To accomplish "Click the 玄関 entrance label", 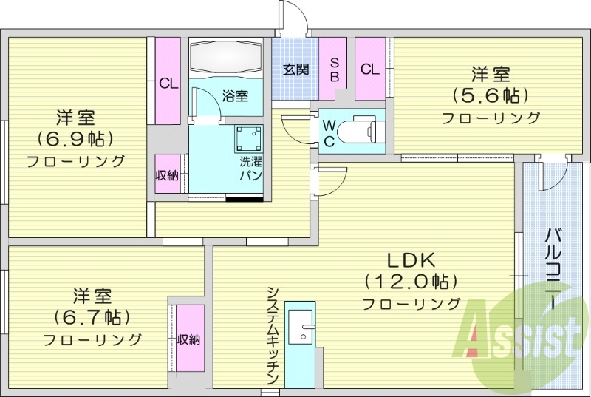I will tap(295, 69).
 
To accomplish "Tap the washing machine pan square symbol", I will tap(249, 138).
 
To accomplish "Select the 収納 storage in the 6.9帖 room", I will tap(167, 175).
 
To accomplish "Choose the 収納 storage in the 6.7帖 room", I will tap(189, 339).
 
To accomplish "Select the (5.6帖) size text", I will tap(491, 95).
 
